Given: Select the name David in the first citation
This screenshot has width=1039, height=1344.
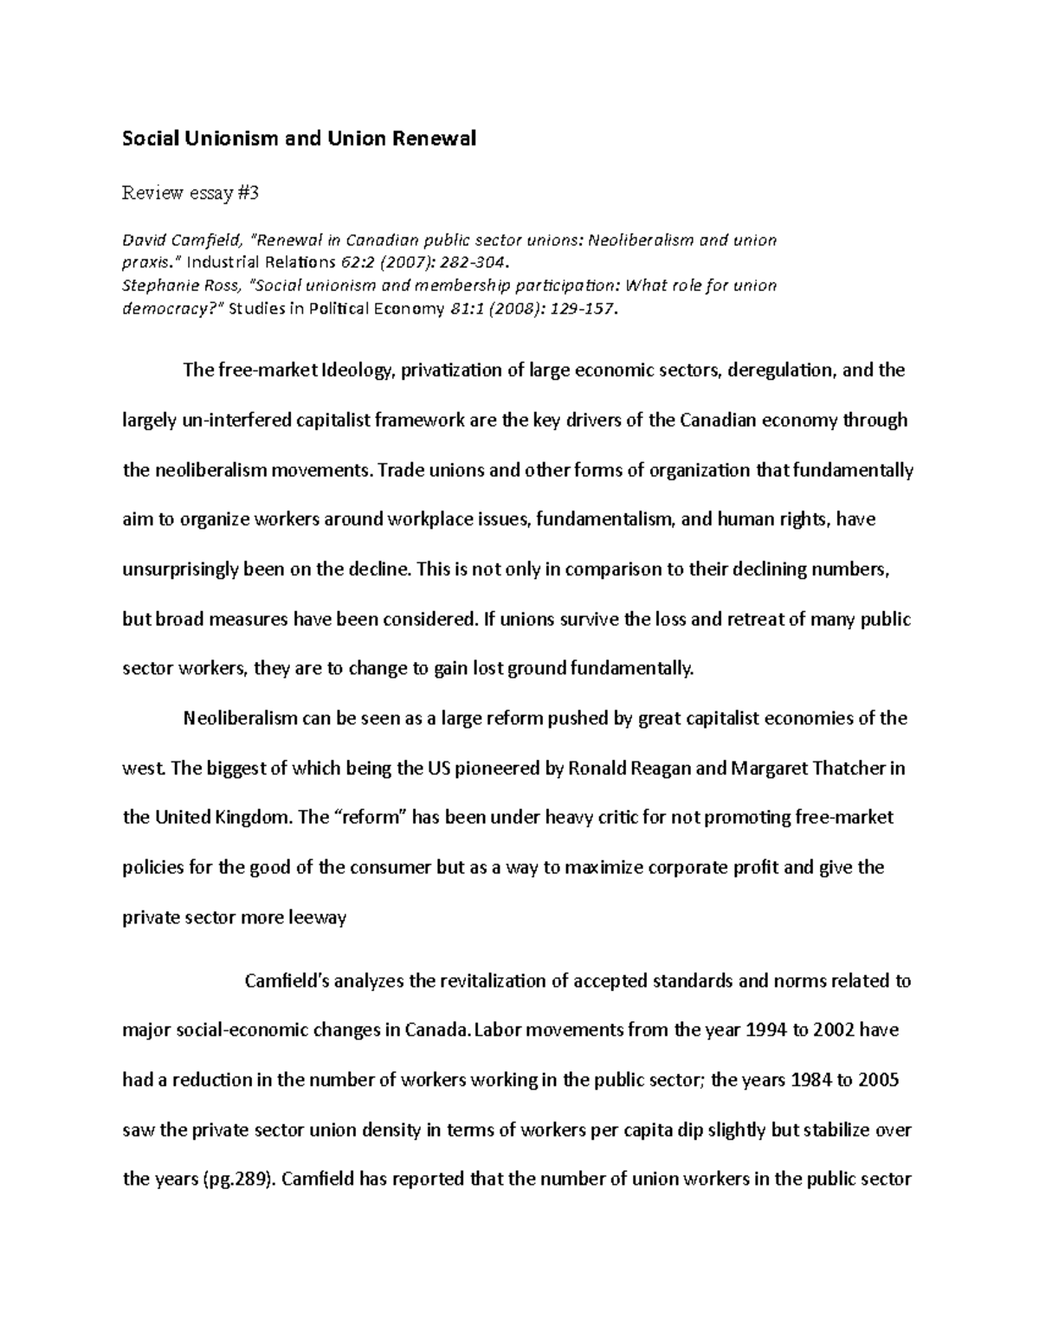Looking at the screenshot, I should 145,240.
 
